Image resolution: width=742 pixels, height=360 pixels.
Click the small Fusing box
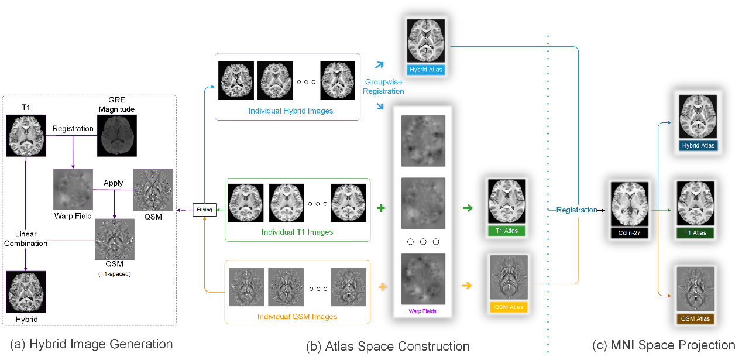coord(205,210)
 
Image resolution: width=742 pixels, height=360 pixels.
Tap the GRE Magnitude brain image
coord(117,135)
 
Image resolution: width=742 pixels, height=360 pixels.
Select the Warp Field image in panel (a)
coord(73,189)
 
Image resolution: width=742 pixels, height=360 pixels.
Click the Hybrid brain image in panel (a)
coord(26,292)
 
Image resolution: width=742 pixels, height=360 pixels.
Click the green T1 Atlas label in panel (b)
coord(507,231)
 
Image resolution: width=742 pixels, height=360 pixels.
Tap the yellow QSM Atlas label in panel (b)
coord(509,307)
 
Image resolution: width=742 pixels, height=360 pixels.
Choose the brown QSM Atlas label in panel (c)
coord(695,319)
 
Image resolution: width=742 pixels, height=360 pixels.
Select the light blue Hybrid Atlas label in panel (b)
coord(427,70)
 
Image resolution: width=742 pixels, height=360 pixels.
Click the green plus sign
coord(381,208)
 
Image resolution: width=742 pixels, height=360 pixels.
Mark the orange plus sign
coord(383,287)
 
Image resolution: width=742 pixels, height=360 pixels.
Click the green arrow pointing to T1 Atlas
coord(468,208)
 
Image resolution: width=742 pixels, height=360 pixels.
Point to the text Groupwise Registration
coord(384,87)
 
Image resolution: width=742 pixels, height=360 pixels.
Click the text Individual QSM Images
coord(297,317)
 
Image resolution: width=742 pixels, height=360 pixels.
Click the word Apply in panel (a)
coord(113,183)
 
